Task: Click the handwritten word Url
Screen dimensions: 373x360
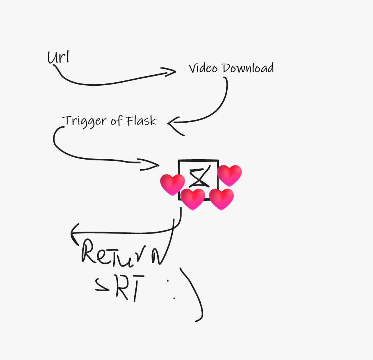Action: tap(58, 58)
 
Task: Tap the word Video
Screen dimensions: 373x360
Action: tap(203, 69)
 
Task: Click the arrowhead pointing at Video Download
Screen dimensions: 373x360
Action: tap(170, 72)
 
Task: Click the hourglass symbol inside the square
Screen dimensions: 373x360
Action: tap(199, 178)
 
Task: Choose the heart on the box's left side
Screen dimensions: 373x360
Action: tap(172, 184)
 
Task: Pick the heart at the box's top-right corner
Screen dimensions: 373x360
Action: tap(230, 175)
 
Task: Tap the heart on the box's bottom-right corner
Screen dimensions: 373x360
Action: tap(222, 199)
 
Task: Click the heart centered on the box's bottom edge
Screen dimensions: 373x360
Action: tap(193, 199)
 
